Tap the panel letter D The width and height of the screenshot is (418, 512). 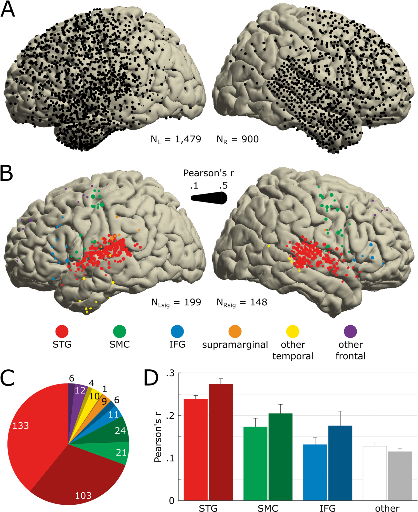pos(151,378)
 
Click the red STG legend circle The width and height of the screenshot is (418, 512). pos(62,332)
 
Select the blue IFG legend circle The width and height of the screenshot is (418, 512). pos(177,332)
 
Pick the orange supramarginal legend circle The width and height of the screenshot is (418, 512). pos(235,332)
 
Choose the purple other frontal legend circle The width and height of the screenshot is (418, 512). pos(350,332)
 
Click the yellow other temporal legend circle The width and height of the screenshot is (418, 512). pos(293,332)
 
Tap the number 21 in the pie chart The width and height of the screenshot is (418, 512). pos(121,453)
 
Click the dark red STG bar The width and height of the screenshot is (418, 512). pos(221,443)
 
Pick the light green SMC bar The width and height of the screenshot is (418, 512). pos(255,464)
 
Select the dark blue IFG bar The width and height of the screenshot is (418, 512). pos(340,463)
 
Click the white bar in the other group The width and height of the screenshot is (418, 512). pos(375,473)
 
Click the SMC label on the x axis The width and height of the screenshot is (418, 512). pos(268,508)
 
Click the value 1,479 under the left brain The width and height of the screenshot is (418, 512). pos(188,139)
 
